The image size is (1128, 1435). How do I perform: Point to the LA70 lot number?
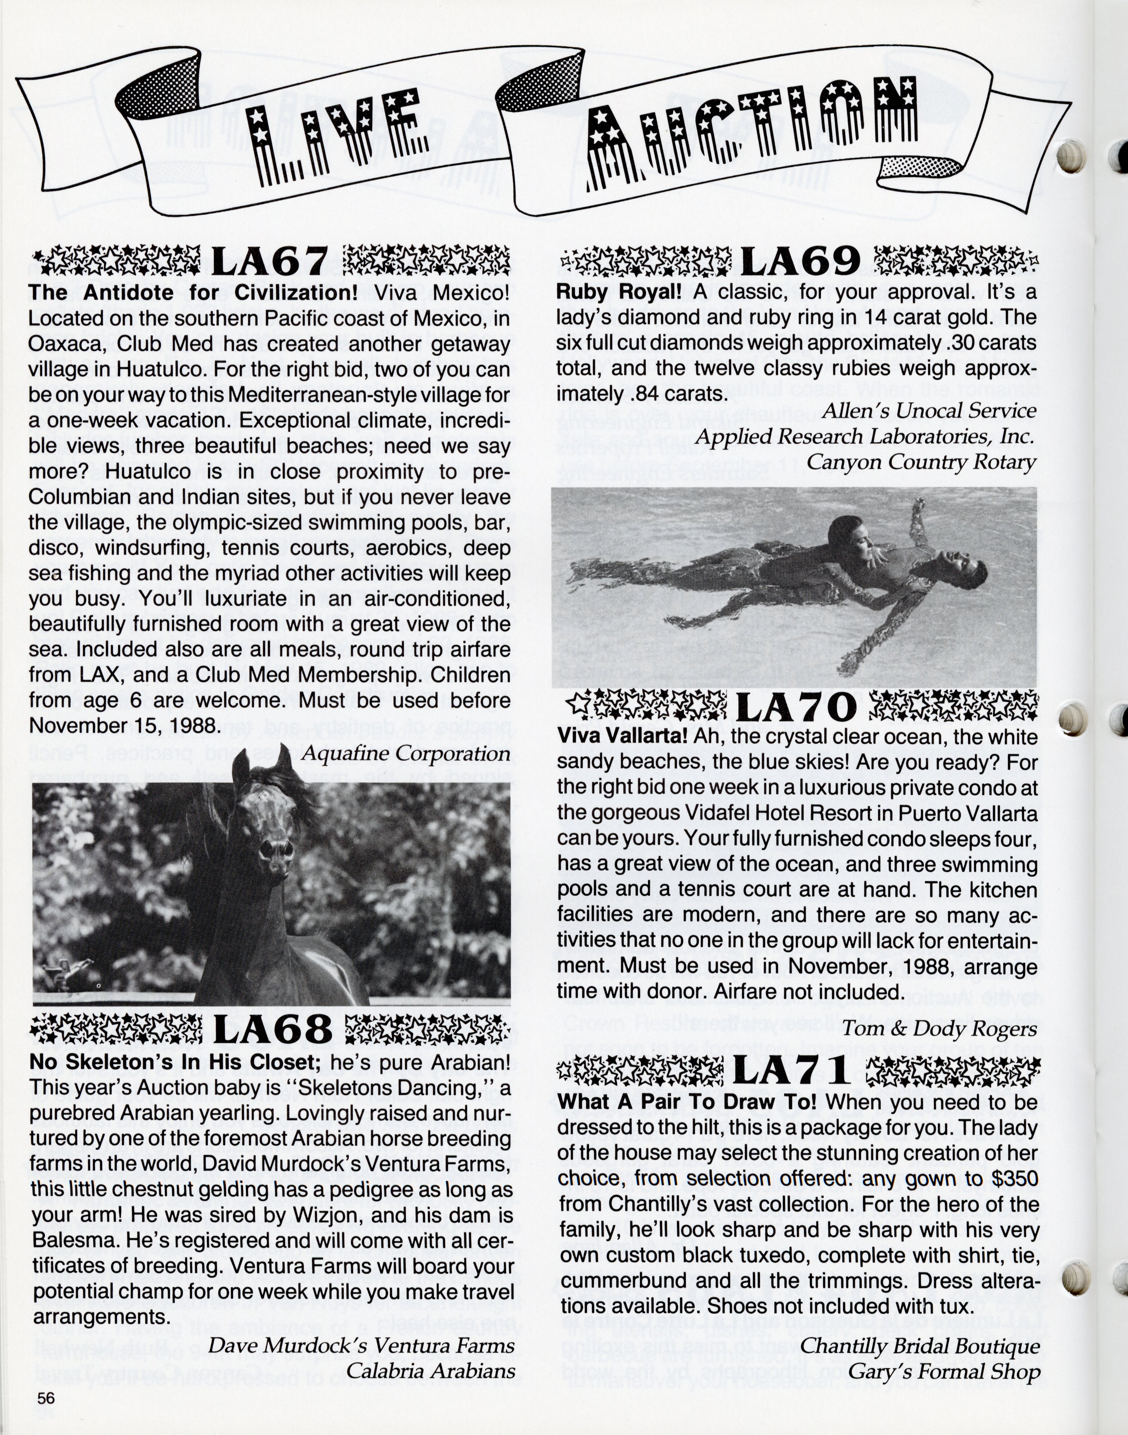(797, 709)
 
